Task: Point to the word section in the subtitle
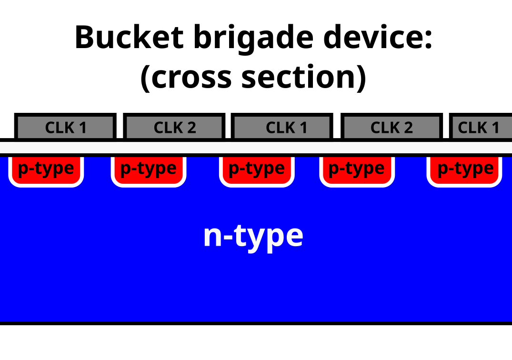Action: pyautogui.click(x=298, y=77)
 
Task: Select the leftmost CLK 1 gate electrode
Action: pyautogui.click(x=65, y=127)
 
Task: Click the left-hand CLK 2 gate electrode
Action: pyautogui.click(x=174, y=127)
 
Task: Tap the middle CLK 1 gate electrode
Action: pyautogui.click(x=282, y=127)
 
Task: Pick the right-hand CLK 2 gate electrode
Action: pyautogui.click(x=392, y=127)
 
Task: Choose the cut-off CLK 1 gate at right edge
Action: pyautogui.click(x=480, y=127)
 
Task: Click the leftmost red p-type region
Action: pyautogui.click(x=46, y=169)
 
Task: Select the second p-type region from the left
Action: pyautogui.click(x=148, y=169)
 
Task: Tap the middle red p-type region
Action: pyautogui.click(x=256, y=169)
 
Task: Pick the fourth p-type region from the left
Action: pyautogui.click(x=356, y=169)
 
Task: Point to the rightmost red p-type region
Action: pyautogui.click(x=465, y=169)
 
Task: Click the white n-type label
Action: pyautogui.click(x=253, y=236)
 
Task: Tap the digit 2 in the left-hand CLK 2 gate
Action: pyautogui.click(x=191, y=128)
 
